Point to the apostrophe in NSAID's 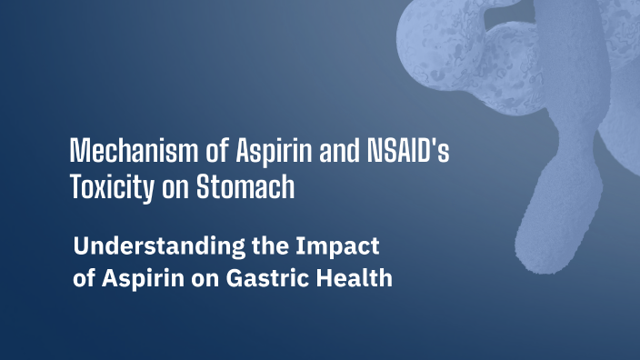[430, 144]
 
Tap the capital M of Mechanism [79, 151]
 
